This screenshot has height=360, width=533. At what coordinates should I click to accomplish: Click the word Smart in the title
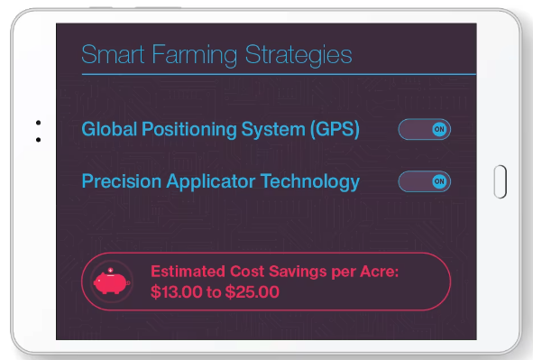point(113,54)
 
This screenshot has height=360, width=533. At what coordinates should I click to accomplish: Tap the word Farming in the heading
point(195,56)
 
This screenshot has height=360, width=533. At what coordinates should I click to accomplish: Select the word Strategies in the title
point(299,56)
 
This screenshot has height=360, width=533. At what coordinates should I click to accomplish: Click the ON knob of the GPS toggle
point(439,129)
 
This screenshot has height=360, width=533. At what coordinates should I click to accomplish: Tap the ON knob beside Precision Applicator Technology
point(439,181)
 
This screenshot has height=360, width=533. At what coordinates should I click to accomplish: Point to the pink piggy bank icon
point(112,282)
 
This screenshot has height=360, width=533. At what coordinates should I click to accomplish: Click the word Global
point(109,129)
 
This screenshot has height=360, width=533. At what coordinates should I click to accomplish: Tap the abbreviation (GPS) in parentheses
point(335,130)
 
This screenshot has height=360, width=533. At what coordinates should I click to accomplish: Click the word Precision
point(122,181)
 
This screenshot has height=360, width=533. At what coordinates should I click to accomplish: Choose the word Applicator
point(211,182)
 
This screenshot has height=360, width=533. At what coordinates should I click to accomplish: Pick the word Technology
point(310,182)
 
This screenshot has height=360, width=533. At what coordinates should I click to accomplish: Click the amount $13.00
point(177,292)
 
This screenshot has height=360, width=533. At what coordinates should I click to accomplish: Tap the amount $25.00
point(253,292)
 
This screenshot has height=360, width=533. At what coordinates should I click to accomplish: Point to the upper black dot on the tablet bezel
point(38,123)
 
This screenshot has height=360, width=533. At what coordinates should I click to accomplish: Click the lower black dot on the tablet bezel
point(38,140)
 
